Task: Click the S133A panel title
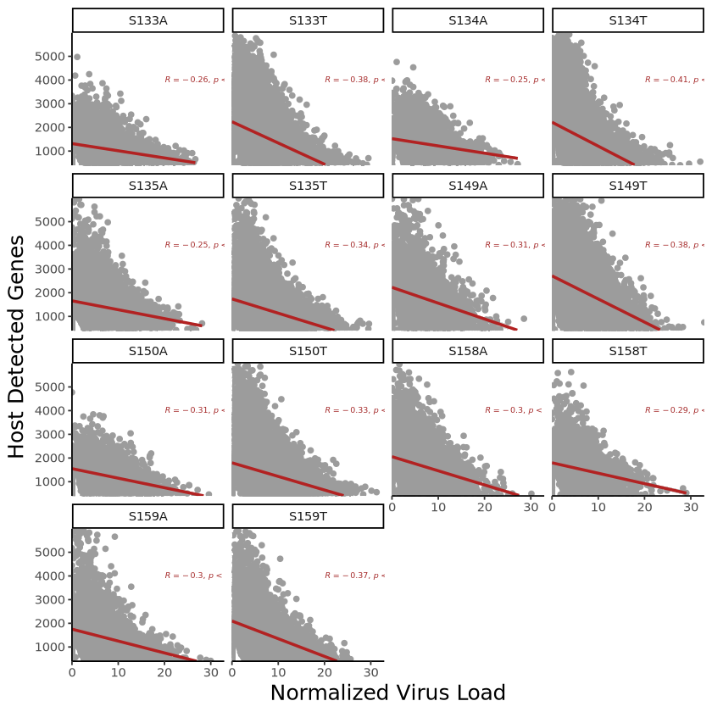(148, 20)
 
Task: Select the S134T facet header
(628, 20)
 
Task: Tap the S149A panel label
(468, 186)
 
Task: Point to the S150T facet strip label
(308, 351)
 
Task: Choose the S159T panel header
(308, 516)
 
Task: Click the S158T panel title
(628, 351)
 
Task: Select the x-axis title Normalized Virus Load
(387, 693)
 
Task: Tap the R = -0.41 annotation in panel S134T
(674, 80)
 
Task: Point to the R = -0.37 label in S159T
(354, 576)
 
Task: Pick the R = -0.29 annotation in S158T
(674, 410)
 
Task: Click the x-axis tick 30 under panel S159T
(371, 672)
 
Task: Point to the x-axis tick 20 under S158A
(485, 507)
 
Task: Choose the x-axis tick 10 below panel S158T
(598, 507)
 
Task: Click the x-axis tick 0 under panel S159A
(72, 672)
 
